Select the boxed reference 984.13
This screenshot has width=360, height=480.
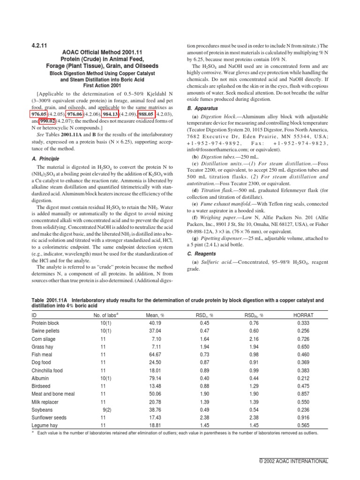coord(111,113)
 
